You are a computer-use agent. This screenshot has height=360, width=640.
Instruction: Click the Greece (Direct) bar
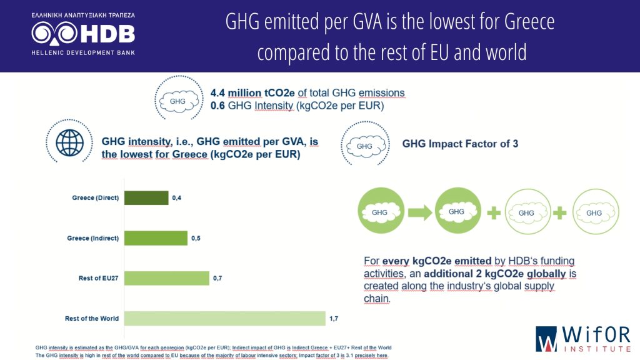tap(146, 198)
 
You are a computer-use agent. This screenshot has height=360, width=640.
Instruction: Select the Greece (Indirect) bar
tap(156, 238)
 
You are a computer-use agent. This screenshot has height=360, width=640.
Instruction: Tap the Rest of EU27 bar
tap(166, 278)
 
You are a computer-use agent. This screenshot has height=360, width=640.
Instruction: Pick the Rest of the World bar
tap(225, 319)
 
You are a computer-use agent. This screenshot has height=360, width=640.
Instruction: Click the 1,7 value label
tap(334, 319)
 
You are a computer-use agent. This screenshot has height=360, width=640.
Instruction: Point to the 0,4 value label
tap(176, 198)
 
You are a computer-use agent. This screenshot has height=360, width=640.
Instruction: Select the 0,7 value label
tap(217, 278)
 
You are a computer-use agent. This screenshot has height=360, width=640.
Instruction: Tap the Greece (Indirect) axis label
tap(93, 238)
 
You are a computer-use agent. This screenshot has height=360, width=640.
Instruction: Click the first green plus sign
tap(494, 212)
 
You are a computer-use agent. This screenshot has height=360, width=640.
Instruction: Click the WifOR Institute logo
tap(582, 338)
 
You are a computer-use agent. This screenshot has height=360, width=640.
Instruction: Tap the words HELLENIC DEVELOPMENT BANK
tap(83, 52)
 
